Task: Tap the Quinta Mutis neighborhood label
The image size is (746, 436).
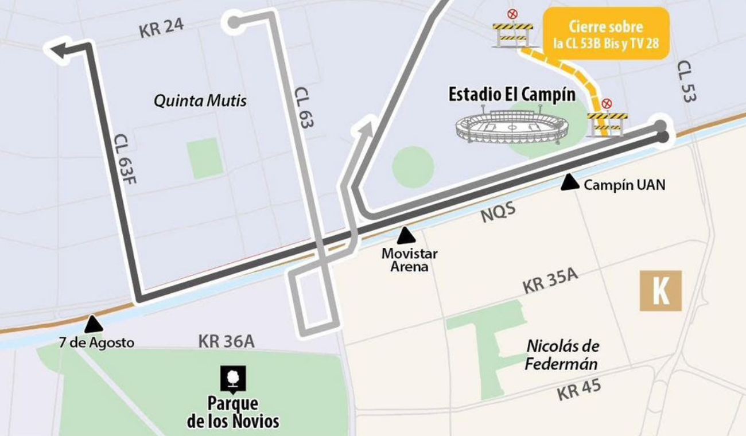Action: coord(200,102)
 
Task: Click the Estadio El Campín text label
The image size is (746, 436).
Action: coord(512,95)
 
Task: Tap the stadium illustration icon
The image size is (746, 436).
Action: coord(511,127)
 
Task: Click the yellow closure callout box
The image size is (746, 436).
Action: coord(605,33)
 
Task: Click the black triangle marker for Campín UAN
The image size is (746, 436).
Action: coord(569,182)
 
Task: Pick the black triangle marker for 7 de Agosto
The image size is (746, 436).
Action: coord(93,325)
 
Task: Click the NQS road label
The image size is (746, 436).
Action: coord(498,213)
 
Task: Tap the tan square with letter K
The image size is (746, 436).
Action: coord(660,291)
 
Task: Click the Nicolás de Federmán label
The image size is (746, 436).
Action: coord(562,355)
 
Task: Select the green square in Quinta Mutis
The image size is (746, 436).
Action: coord(205,158)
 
